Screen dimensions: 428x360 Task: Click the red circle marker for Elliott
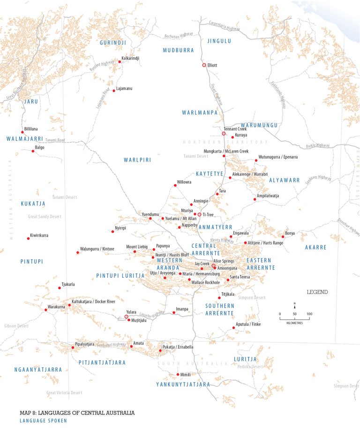pos(204,65)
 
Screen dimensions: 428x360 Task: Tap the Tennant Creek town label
pos(235,129)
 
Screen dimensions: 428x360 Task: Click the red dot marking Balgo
pos(33,151)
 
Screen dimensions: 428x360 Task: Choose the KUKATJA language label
pos(33,204)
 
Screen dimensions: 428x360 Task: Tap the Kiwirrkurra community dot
pos(28,238)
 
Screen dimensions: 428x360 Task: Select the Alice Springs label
pos(224,260)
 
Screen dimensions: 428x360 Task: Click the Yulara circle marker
pos(126,317)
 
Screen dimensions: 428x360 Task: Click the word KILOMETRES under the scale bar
pos(294,323)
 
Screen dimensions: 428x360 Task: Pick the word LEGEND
pos(317,292)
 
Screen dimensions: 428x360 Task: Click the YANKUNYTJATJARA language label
pos(183,384)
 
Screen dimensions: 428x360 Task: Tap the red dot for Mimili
pos(178,374)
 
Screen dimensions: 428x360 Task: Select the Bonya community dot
pos(283,237)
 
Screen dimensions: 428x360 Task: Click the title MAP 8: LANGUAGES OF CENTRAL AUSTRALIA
pos(77,413)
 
